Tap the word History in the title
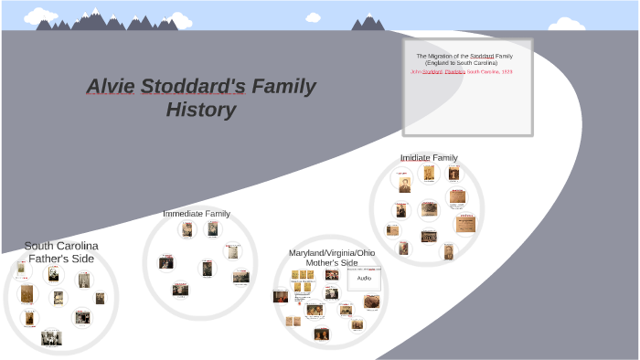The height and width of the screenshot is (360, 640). [x=201, y=111]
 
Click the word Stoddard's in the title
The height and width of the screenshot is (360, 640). [x=195, y=88]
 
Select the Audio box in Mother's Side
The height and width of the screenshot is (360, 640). [x=364, y=278]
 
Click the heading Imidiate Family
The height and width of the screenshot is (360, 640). [x=429, y=157]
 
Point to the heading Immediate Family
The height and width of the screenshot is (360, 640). [x=197, y=213]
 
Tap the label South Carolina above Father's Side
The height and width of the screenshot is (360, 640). [x=61, y=246]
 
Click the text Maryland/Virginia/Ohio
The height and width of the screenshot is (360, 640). [x=332, y=252]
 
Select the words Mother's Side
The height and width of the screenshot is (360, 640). [x=332, y=262]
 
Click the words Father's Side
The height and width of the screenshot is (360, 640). [x=61, y=259]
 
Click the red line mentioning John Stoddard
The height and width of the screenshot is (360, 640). [x=467, y=69]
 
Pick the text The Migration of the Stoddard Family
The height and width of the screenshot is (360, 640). [x=467, y=56]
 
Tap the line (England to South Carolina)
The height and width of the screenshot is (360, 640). [x=467, y=62]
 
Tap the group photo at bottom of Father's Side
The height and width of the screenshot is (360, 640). [x=51, y=337]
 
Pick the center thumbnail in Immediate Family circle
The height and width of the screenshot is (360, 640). [x=208, y=267]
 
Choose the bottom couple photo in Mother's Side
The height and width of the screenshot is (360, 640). [x=322, y=334]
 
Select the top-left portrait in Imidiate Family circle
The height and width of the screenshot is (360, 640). [x=403, y=183]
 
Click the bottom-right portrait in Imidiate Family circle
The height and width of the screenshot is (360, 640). [x=447, y=250]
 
